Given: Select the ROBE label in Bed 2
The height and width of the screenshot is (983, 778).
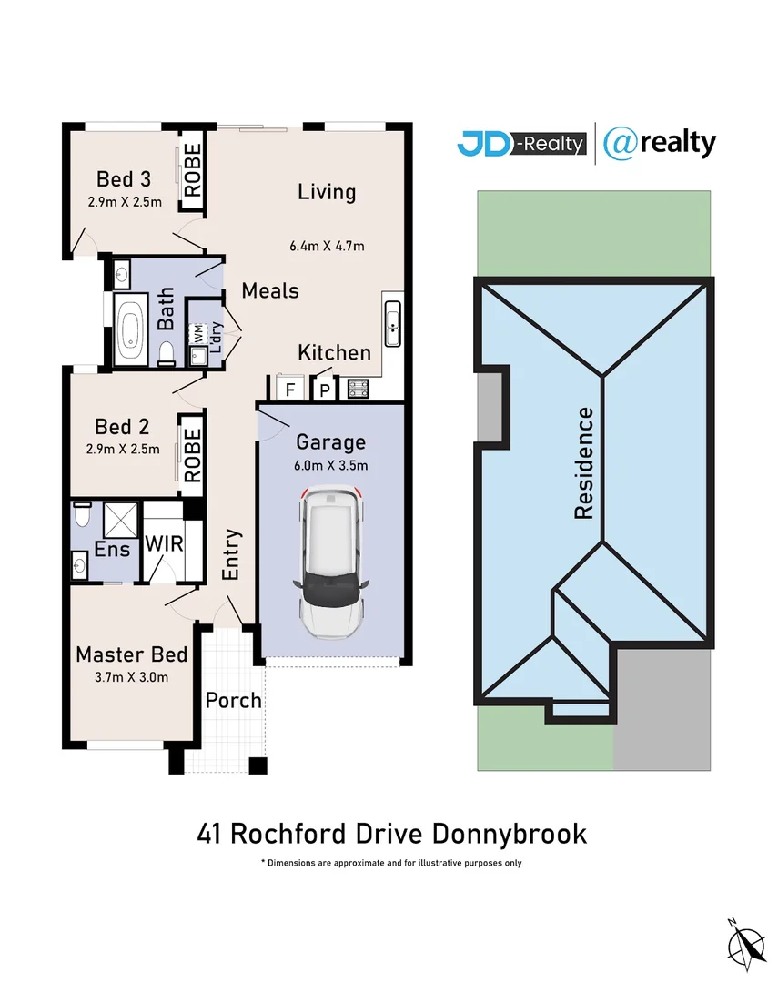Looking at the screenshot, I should [192, 456].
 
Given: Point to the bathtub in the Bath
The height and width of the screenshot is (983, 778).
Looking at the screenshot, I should [132, 331].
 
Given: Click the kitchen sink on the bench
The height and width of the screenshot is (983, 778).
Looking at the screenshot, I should [393, 323].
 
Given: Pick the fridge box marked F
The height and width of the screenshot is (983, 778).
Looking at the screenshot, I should [289, 390].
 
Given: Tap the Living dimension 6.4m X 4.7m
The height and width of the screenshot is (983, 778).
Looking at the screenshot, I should [327, 245].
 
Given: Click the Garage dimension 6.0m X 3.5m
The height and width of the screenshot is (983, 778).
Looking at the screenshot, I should [331, 466].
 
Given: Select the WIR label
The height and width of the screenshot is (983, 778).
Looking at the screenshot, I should [165, 546].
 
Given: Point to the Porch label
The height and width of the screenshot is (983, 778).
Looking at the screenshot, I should [233, 701].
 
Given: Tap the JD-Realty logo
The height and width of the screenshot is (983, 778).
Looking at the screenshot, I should [521, 144].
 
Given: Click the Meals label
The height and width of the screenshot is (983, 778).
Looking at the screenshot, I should [270, 290].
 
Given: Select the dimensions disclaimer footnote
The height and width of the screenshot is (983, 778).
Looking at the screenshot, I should [390, 862].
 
